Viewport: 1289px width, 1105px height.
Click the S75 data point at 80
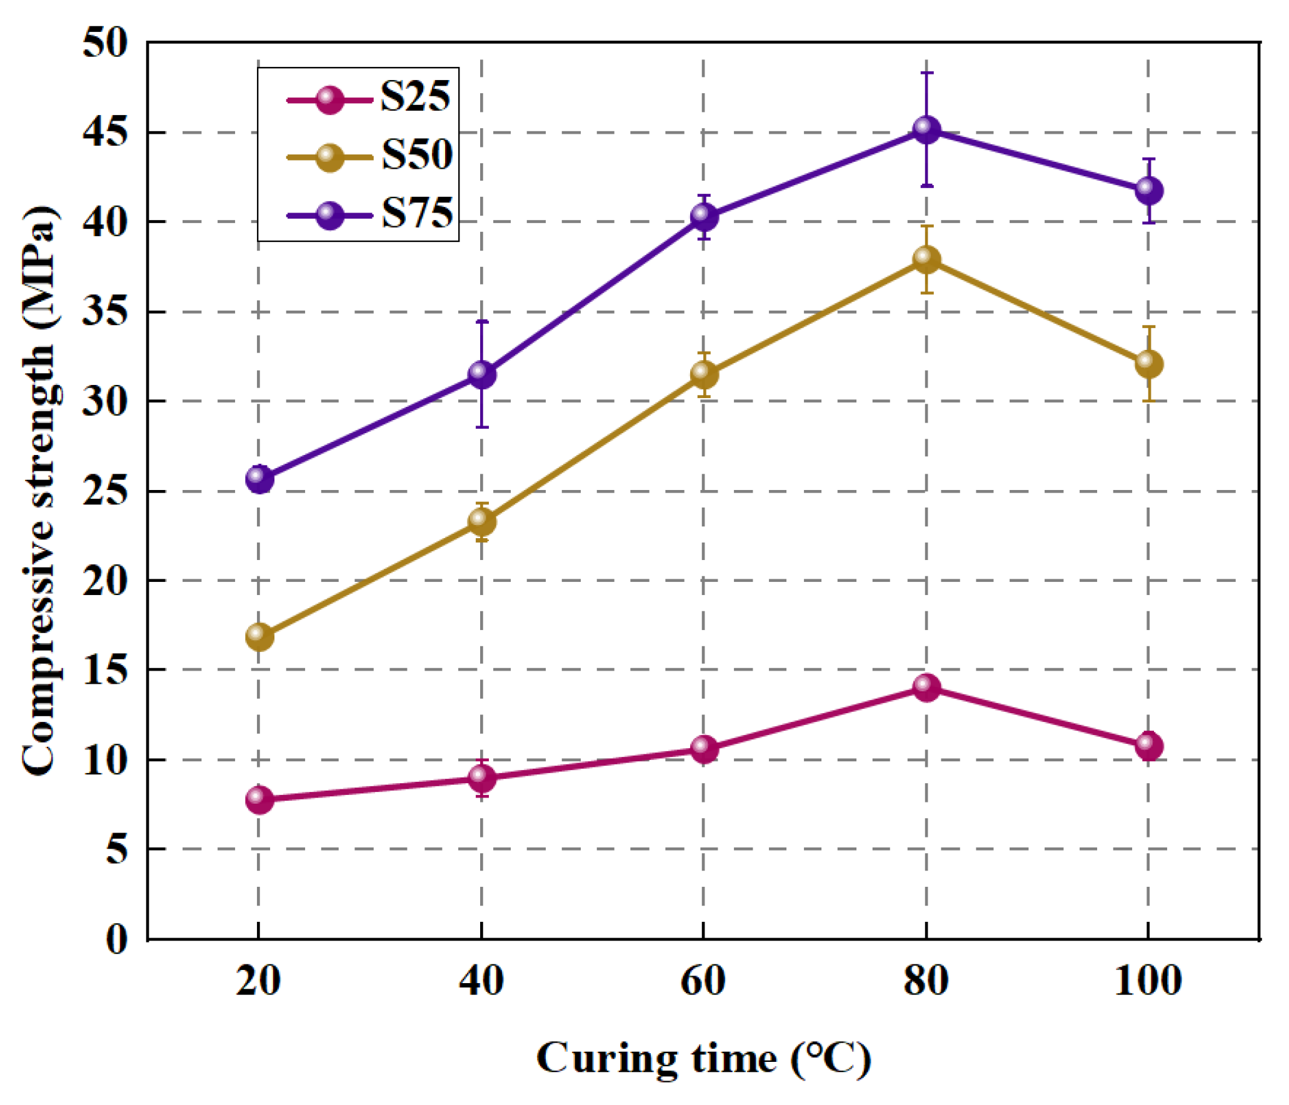(926, 130)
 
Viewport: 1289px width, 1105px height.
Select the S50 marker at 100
(1148, 364)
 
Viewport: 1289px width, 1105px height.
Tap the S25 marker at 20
(259, 799)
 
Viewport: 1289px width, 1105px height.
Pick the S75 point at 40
(481, 374)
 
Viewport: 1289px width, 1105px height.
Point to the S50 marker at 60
(704, 374)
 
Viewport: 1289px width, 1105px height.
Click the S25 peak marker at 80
(926, 687)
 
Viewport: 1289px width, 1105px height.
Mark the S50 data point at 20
(259, 637)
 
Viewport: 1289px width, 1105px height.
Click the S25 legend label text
(415, 97)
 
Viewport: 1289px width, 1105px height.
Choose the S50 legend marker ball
(329, 157)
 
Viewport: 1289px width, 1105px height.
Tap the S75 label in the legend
(417, 213)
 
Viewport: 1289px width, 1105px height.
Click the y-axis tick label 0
(116, 939)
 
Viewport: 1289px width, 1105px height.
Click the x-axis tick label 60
(703, 981)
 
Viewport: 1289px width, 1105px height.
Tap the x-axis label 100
(1148, 981)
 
